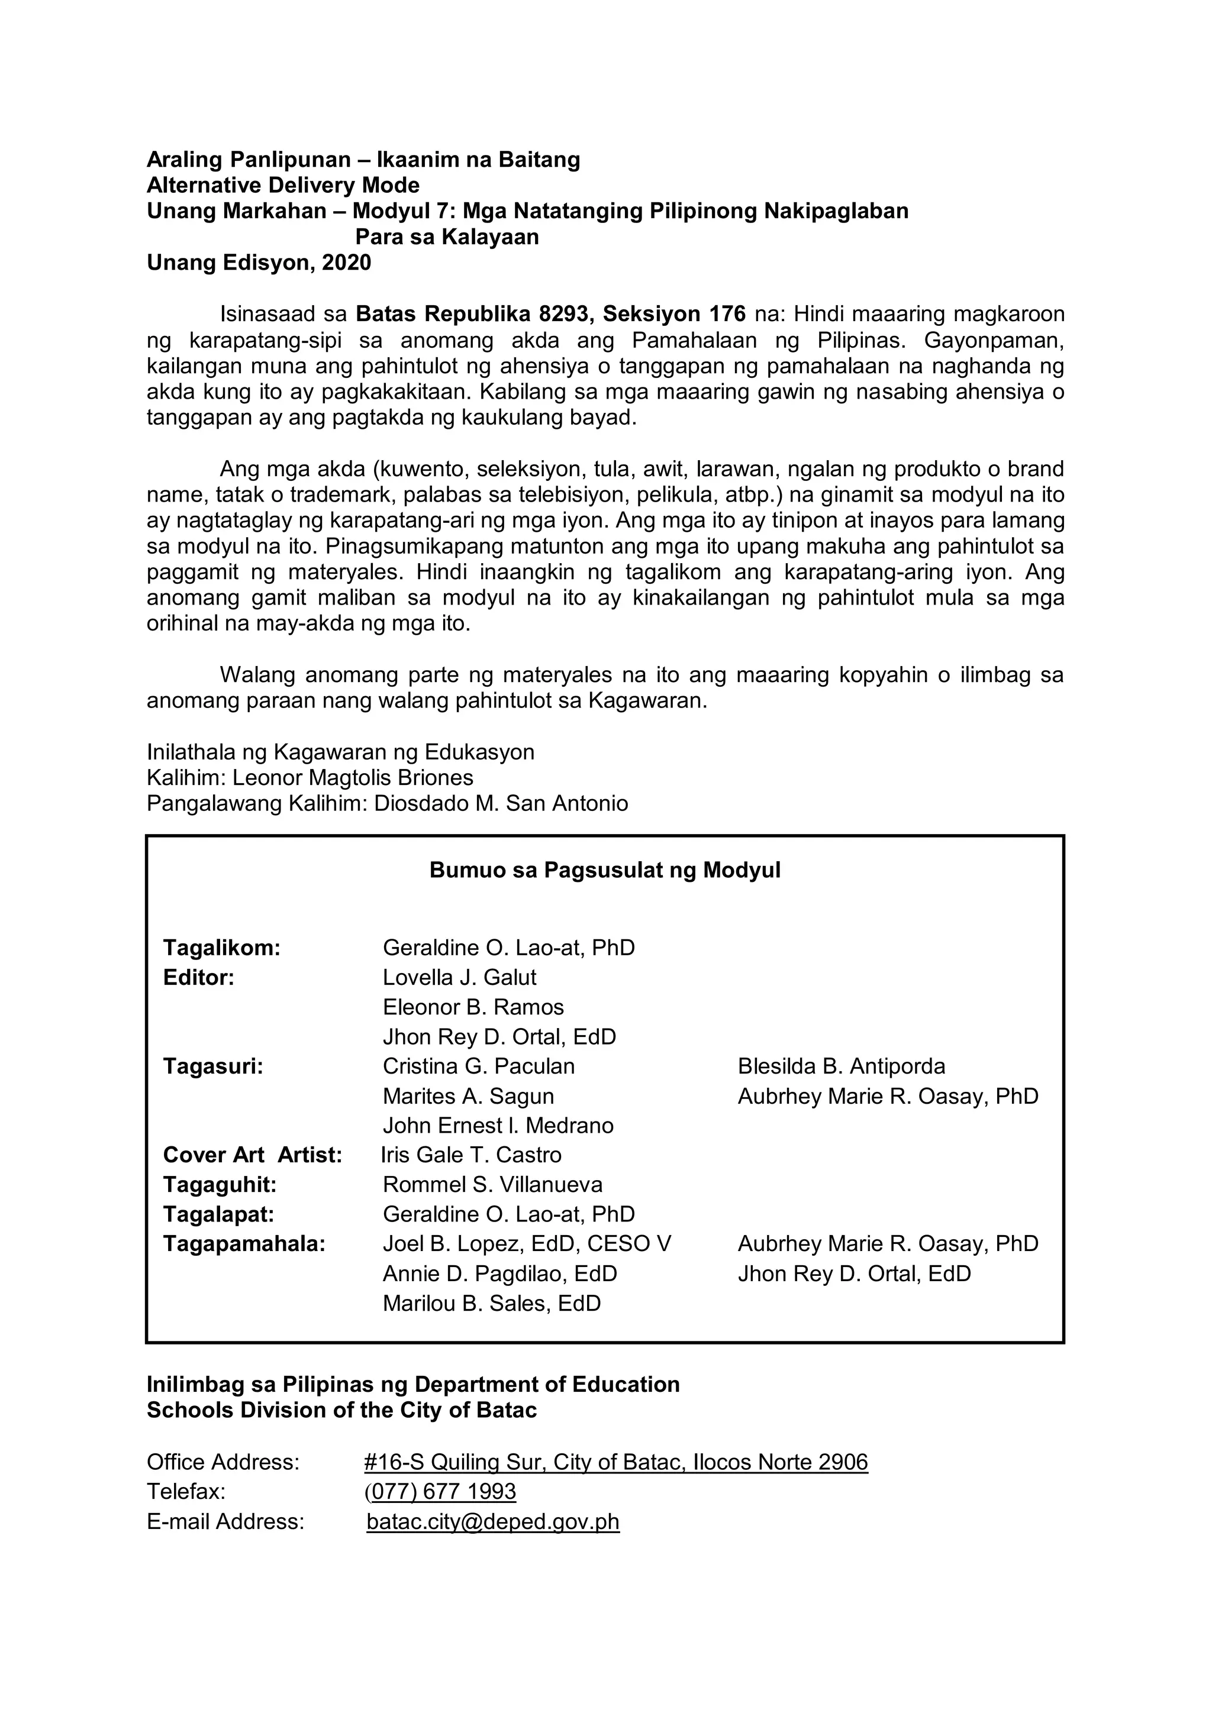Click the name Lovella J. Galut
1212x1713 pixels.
[459, 977]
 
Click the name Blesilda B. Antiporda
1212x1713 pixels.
[841, 1066]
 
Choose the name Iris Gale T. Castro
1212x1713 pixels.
[471, 1155]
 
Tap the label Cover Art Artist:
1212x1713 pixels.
[252, 1155]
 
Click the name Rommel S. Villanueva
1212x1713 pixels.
[492, 1185]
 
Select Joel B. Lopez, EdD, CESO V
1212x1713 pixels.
[526, 1244]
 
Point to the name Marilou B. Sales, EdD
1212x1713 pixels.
[491, 1304]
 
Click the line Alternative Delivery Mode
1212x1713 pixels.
[283, 185]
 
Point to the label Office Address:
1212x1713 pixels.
[223, 1462]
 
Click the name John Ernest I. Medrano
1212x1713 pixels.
[498, 1125]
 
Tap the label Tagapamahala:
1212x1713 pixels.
[244, 1244]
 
